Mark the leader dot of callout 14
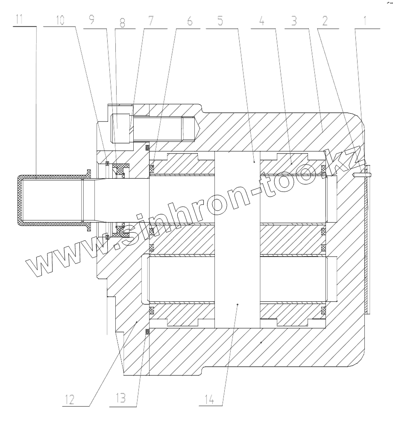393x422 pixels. coord(238,304)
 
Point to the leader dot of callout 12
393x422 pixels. coord(136,321)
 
